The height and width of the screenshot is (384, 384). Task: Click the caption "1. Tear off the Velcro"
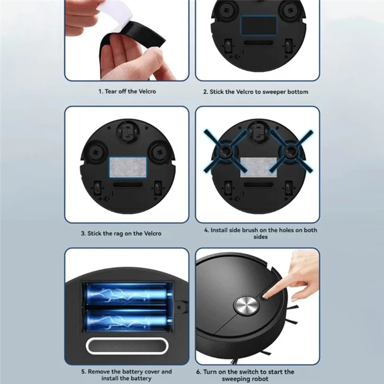127,91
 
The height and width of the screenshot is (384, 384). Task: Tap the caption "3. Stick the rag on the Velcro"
127,233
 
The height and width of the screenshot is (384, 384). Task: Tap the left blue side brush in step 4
224,151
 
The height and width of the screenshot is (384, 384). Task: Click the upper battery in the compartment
127,294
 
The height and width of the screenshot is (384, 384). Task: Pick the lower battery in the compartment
127,319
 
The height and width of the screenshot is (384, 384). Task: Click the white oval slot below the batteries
127,346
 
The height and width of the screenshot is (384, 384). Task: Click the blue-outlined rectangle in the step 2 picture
258,24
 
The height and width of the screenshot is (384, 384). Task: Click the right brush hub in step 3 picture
158,153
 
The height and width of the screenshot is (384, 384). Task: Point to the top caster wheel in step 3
127,130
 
